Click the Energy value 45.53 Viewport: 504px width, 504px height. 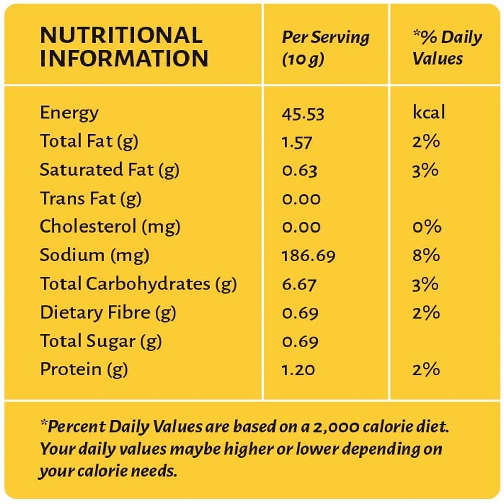(303, 114)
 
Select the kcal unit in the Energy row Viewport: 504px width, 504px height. (428, 112)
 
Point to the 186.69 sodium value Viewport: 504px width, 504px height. (308, 256)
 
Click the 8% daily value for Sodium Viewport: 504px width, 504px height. (426, 255)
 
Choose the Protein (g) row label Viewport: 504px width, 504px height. (84, 370)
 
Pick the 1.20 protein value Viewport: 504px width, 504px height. (298, 370)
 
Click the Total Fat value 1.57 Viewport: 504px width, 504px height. (297, 142)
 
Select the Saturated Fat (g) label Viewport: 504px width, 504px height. (109, 170)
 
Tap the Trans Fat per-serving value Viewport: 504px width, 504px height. (301, 199)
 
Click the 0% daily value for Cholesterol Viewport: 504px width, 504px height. (427, 227)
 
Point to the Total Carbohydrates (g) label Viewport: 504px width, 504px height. (138, 284)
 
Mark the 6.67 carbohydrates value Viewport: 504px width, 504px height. (299, 285)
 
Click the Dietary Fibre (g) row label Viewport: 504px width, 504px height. (108, 313)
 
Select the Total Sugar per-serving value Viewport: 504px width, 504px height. (300, 342)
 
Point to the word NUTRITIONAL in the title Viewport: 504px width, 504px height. (121, 35)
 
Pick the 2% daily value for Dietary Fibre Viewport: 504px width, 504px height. (426, 313)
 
